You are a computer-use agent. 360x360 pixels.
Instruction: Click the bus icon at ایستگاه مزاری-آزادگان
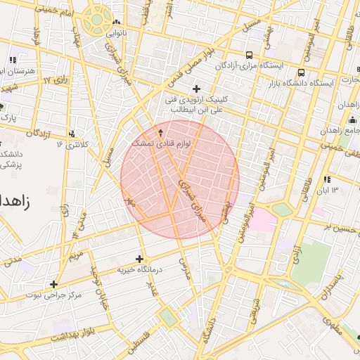[x=249, y=55]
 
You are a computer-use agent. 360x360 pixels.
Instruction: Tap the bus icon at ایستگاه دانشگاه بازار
[x=301, y=72]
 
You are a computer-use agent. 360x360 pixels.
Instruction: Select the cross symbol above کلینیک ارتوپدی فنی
[x=196, y=89]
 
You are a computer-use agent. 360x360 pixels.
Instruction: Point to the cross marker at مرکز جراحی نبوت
[x=53, y=284]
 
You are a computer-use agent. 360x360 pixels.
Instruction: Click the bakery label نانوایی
[x=116, y=33]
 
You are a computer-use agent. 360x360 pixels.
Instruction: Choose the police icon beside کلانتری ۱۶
[x=72, y=134]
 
